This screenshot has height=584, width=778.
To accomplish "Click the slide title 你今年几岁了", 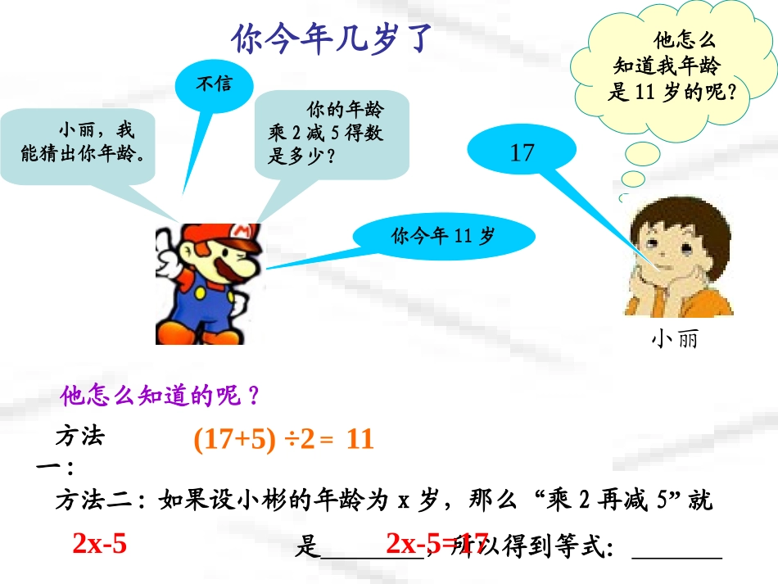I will point(329,38).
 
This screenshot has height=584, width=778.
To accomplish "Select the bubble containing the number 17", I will point(522,152).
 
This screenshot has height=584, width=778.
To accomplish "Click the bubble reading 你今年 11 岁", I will point(444,237).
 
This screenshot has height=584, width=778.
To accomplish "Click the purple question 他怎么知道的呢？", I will point(161,396).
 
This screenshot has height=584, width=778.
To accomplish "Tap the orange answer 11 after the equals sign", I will point(360,440).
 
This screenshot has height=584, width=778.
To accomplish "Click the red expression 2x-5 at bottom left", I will point(100,543).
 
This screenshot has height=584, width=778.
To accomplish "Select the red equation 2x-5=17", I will point(436,543).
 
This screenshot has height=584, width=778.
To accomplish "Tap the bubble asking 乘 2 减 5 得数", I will point(332,134).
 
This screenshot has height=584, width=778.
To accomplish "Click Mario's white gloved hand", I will point(169,260).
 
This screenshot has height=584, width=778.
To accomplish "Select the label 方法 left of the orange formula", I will point(79,437).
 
